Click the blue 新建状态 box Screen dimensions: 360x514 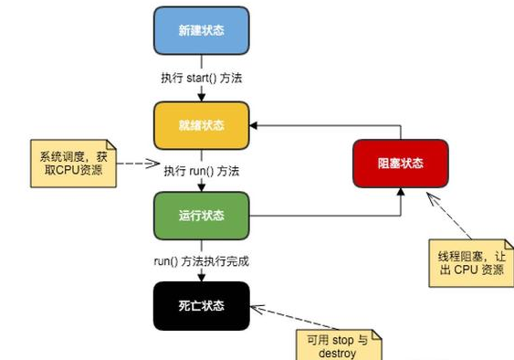tap(201, 30)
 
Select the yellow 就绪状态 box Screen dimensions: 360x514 tap(201, 124)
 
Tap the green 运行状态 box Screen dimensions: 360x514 tap(201, 216)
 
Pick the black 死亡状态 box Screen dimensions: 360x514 tap(201, 306)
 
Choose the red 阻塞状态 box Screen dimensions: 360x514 tap(400, 164)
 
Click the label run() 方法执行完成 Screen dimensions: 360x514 tap(201, 261)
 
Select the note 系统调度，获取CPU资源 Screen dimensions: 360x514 tap(72, 163)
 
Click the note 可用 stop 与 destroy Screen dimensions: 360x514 tap(338, 345)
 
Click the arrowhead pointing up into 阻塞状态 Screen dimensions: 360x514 tap(400, 193)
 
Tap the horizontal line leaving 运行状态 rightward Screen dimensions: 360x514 tap(320, 217)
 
